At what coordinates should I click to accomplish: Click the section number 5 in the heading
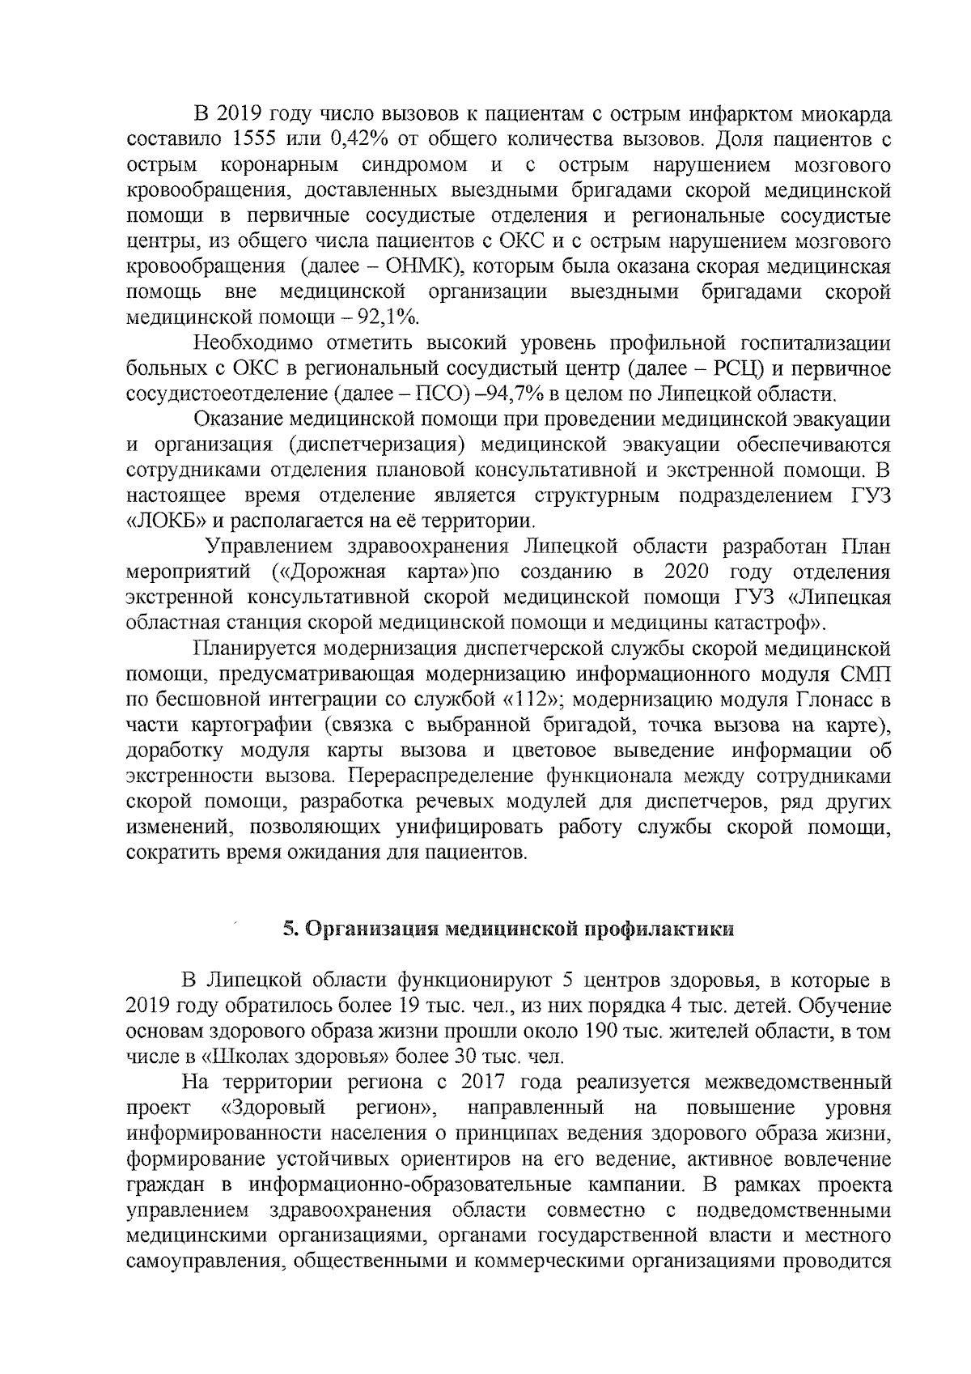(x=287, y=929)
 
